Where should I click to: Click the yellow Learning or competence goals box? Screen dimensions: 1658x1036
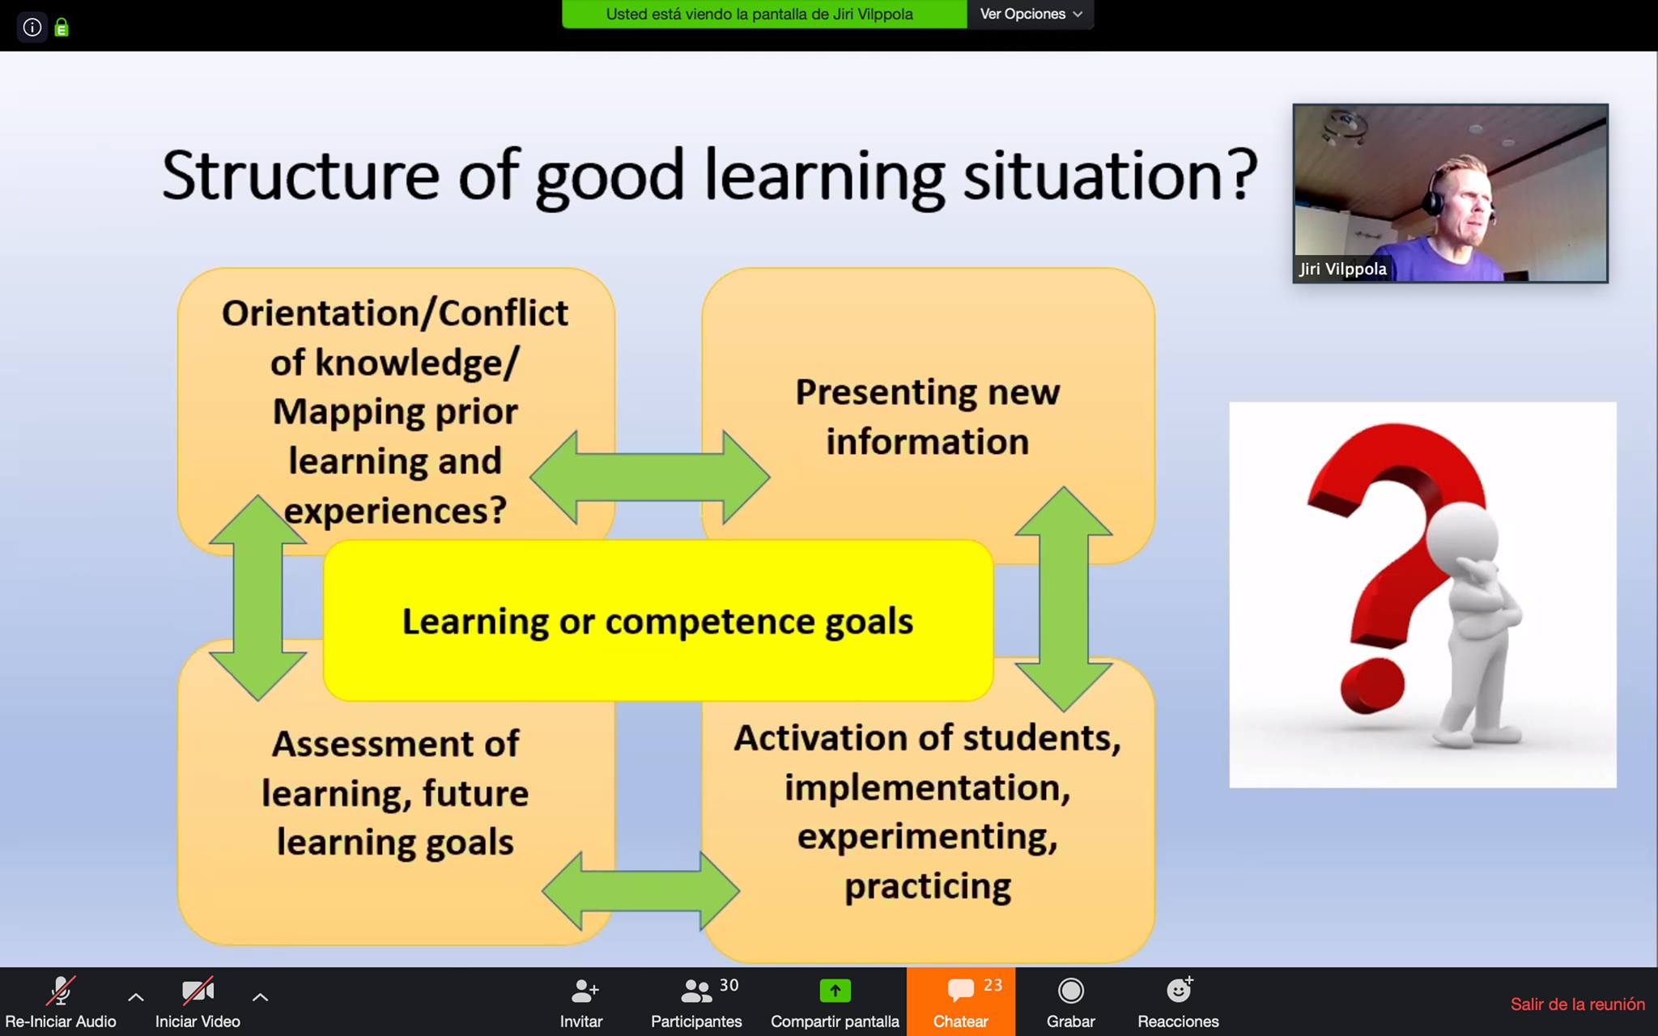[x=658, y=620]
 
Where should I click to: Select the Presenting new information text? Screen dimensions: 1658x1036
[x=928, y=417]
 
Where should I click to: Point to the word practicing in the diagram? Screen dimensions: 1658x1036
[x=928, y=887]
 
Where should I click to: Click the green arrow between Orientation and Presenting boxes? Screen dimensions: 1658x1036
[x=650, y=477]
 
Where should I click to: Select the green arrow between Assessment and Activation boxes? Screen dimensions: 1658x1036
[x=640, y=890]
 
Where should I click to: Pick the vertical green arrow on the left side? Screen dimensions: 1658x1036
[x=257, y=597]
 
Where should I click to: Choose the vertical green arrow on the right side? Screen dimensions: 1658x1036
[x=1064, y=599]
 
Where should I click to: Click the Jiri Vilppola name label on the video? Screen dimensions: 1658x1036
[x=1343, y=269]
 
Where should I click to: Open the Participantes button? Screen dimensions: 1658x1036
[x=696, y=1002]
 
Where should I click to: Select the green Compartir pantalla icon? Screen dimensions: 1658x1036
[x=835, y=990]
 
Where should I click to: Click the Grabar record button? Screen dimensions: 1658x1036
[x=1070, y=1002]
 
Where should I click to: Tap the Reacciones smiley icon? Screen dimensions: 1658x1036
[x=1179, y=990]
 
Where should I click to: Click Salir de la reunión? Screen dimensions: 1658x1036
[x=1577, y=1004]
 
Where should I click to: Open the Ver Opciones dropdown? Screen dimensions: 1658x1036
[x=1031, y=14]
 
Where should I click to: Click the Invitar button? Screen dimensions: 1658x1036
[x=581, y=1002]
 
